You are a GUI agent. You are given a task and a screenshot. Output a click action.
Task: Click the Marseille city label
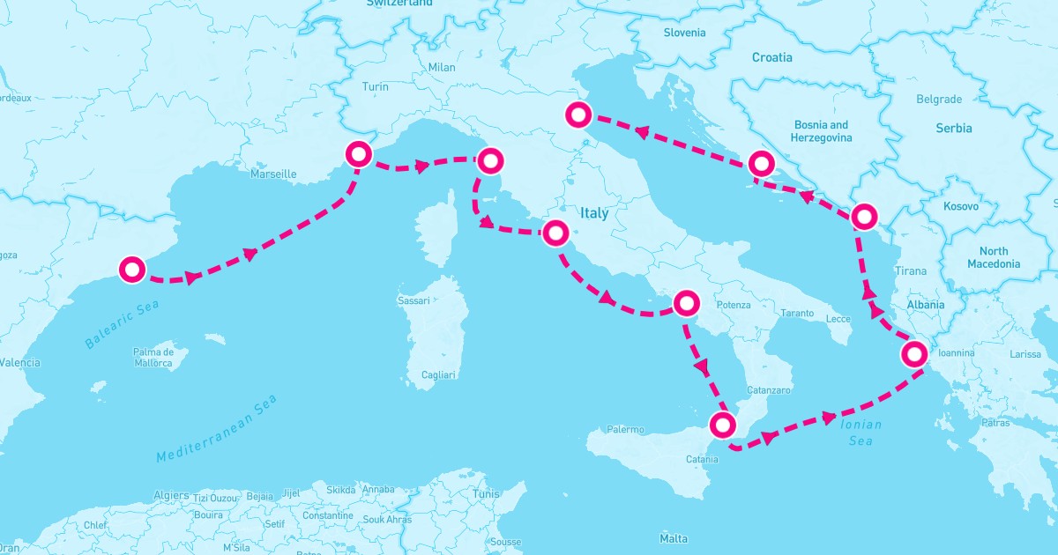[273, 174]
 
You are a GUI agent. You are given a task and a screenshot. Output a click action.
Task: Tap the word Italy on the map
[594, 213]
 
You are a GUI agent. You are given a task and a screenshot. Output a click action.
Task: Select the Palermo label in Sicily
[626, 430]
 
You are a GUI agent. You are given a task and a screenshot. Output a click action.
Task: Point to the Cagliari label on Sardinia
[438, 374]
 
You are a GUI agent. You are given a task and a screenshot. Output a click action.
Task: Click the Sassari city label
[414, 300]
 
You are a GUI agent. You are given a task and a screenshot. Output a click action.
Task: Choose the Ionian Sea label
[861, 432]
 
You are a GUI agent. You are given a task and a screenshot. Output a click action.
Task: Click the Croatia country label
[771, 57]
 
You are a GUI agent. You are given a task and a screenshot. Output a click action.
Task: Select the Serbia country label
[953, 128]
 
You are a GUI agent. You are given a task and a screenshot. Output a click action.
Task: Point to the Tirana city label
[911, 271]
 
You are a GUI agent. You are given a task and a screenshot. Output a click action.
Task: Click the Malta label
[674, 538]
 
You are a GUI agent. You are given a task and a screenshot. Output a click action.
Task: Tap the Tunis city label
[486, 494]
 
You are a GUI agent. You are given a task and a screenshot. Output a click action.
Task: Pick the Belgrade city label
[939, 100]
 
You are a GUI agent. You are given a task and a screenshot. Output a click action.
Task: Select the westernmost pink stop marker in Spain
[132, 270]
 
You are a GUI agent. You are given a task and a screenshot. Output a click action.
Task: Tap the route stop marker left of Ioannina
[914, 355]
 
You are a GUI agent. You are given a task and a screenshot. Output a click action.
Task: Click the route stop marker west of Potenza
[685, 303]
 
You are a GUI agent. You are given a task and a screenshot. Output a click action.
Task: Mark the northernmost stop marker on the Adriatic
[578, 115]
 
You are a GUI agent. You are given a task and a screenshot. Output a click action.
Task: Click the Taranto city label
[797, 314]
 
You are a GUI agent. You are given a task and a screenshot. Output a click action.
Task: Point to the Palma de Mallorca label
[160, 357]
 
